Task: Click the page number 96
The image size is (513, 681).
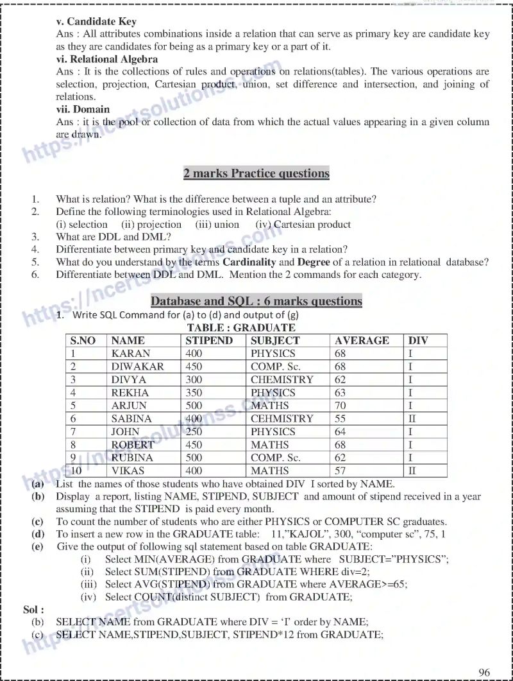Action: (x=484, y=672)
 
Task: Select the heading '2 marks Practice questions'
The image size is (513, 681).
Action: (x=256, y=173)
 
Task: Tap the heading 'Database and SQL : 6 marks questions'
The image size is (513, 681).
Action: (x=256, y=301)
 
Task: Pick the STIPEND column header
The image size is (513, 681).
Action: (x=209, y=341)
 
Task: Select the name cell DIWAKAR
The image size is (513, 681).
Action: (x=137, y=366)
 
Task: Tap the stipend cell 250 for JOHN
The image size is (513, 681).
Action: (x=194, y=432)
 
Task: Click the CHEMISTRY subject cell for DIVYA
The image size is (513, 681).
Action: (x=282, y=379)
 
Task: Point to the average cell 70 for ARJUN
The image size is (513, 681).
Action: (x=341, y=406)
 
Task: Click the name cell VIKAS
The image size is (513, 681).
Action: (x=128, y=470)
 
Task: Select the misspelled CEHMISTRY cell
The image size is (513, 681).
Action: (x=282, y=418)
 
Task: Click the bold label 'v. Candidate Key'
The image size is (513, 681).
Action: (x=96, y=21)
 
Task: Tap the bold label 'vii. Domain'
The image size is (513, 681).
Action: (x=83, y=109)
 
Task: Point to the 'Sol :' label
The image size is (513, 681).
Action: (x=33, y=609)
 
